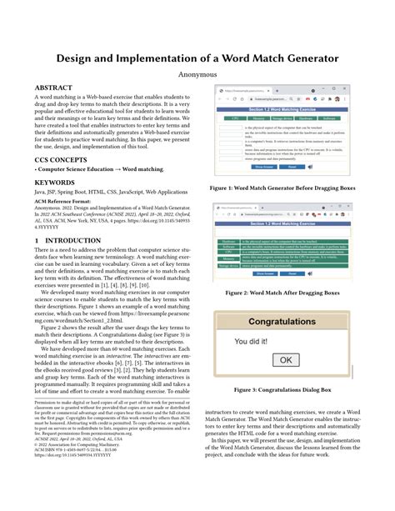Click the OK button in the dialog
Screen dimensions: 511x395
tap(284, 359)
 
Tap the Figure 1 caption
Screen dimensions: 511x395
tap(284, 188)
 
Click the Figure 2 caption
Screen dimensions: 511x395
tap(284, 293)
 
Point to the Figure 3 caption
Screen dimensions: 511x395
tap(284, 389)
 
